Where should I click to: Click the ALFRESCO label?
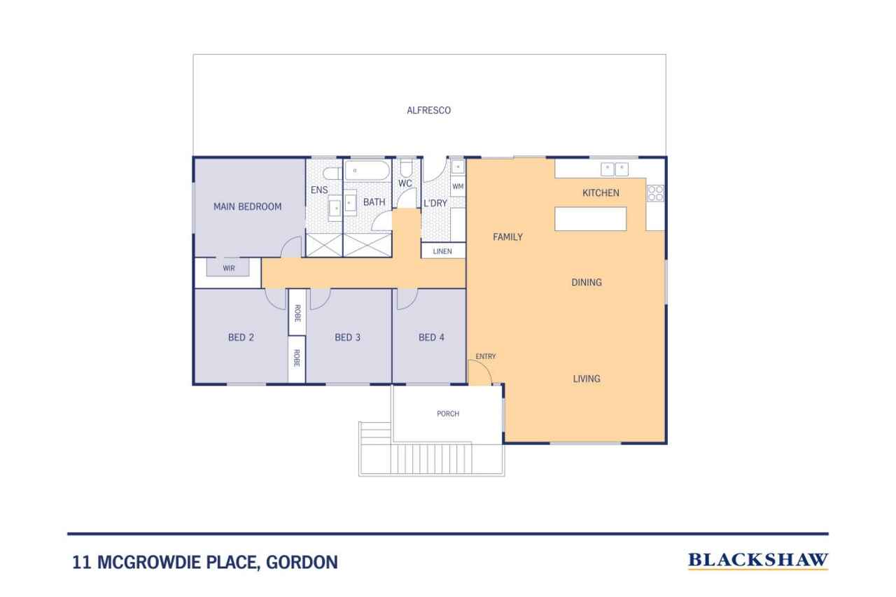click(428, 111)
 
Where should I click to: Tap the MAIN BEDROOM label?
click(247, 206)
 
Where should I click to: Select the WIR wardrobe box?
click(228, 267)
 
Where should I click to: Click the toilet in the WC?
click(406, 169)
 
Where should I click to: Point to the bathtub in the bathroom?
click(367, 171)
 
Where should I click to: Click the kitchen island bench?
click(590, 219)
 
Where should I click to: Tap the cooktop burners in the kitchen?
click(656, 193)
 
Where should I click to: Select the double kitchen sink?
click(615, 169)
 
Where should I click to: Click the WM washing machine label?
click(458, 186)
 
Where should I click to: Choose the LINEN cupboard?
click(443, 251)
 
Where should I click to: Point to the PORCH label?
click(448, 414)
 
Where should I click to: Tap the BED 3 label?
click(348, 337)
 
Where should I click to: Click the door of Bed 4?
click(407, 299)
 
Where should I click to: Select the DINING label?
click(587, 283)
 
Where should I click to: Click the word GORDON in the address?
click(302, 562)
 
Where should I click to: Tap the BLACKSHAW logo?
click(758, 561)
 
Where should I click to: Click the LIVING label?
click(587, 379)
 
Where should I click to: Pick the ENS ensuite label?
click(319, 190)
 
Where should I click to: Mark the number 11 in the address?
click(82, 562)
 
